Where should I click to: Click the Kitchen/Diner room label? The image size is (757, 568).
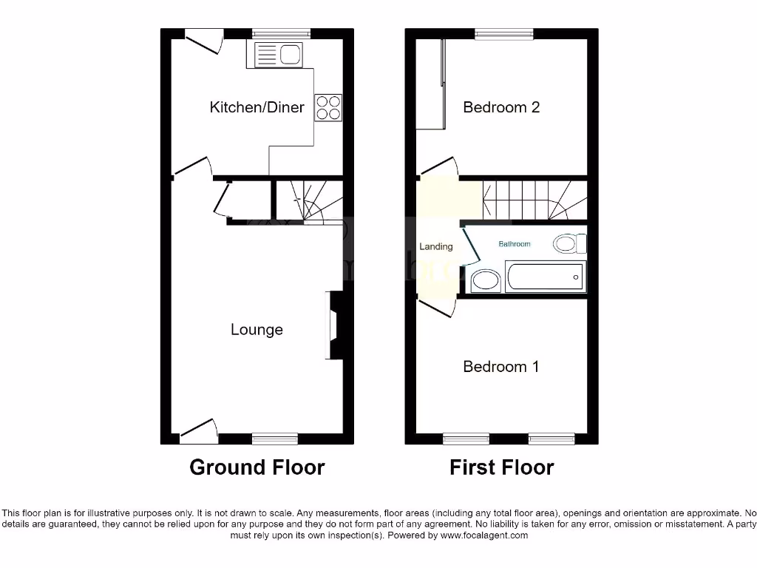[x=257, y=107]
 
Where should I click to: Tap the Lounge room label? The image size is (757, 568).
[x=257, y=330]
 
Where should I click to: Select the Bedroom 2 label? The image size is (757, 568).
[x=501, y=107]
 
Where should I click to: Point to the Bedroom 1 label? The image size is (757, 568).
[x=500, y=367]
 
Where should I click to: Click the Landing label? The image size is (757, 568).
[x=435, y=247]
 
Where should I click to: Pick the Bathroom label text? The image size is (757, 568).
[x=514, y=244]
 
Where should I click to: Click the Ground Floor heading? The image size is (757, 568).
[x=257, y=467]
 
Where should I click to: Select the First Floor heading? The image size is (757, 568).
[x=501, y=467]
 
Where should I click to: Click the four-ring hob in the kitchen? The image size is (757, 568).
[x=329, y=108]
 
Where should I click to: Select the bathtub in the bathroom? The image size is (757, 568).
[x=546, y=278]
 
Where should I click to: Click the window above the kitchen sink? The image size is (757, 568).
[x=280, y=34]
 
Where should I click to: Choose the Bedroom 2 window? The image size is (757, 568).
[x=504, y=34]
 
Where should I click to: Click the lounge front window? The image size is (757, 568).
[x=274, y=439]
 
